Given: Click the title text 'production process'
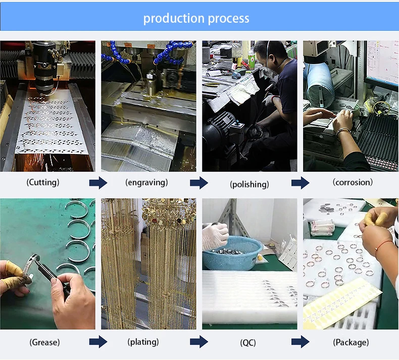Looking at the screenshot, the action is coord(196,19).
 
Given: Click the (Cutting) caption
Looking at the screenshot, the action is coord(43,182).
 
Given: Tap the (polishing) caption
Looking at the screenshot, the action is coord(250,184).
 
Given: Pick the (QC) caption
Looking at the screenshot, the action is coord(248,343).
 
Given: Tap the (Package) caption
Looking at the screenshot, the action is coord(351,342).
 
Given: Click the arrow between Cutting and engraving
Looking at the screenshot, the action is coord(98,183).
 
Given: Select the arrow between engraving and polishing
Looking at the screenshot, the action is coord(199,183).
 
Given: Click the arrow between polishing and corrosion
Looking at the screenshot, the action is coord(300,183).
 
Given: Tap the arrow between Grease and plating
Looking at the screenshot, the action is coord(98,342).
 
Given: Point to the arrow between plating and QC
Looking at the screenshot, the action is coord(199,342).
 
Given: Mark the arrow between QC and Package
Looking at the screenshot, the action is coord(300,342).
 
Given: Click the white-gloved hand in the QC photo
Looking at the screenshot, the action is coord(215,235).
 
